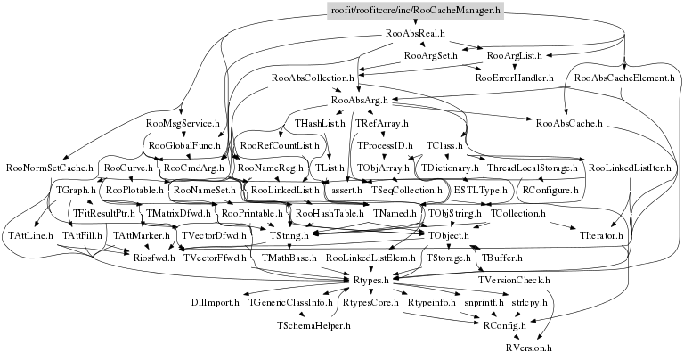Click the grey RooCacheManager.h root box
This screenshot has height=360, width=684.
[x=415, y=10]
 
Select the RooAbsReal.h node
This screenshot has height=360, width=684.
[x=415, y=33]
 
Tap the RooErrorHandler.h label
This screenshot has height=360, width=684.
[x=515, y=78]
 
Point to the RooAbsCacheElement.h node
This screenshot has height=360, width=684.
[x=622, y=78]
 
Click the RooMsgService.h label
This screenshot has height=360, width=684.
[x=182, y=122]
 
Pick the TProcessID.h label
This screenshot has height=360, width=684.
[x=385, y=144]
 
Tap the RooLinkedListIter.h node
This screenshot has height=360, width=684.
[x=630, y=167]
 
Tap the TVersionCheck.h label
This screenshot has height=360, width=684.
[x=514, y=281]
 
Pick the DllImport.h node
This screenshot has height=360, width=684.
[x=215, y=303]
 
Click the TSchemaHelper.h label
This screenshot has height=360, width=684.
[x=314, y=326]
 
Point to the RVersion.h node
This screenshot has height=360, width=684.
[x=529, y=348]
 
